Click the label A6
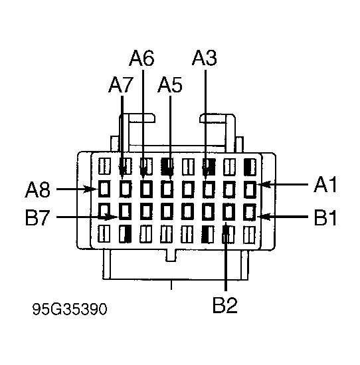[141, 58]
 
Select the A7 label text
[121, 85]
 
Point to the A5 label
[170, 85]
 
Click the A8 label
[37, 189]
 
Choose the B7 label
[37, 217]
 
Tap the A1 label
[325, 184]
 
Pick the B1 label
[325, 217]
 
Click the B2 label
[225, 304]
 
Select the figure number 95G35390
[70, 309]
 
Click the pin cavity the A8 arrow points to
[104, 189]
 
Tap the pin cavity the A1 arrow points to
[250, 189]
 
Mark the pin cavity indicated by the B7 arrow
[125, 211]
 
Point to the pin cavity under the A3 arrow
[209, 189]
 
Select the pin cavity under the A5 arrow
[167, 189]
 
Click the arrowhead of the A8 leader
[91, 189]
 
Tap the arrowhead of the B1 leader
[264, 217]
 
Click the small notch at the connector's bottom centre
[171, 255]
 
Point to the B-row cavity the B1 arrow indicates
[250, 211]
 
